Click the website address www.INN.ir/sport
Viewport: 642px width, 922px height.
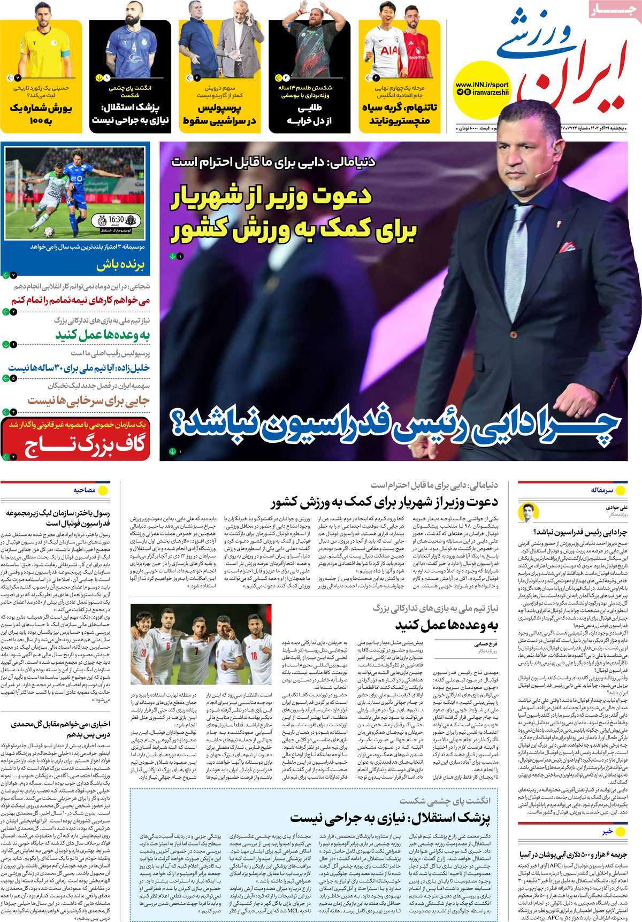click(482, 85)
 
